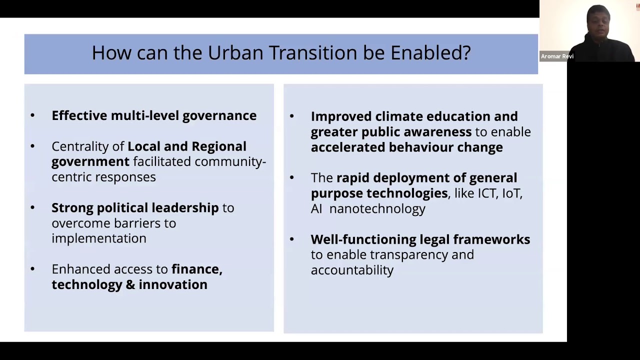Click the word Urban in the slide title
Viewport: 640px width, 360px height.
[x=235, y=52]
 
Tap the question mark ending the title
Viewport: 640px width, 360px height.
[x=466, y=52]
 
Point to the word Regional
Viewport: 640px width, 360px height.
[x=219, y=146]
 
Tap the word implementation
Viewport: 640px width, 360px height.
[x=98, y=238]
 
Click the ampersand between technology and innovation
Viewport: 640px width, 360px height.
[x=130, y=284]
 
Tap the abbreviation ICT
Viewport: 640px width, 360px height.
[x=487, y=193]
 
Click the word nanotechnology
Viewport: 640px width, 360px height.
[x=377, y=209]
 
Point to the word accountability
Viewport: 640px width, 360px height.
[x=352, y=270]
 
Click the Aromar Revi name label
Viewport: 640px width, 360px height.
[x=556, y=56]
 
